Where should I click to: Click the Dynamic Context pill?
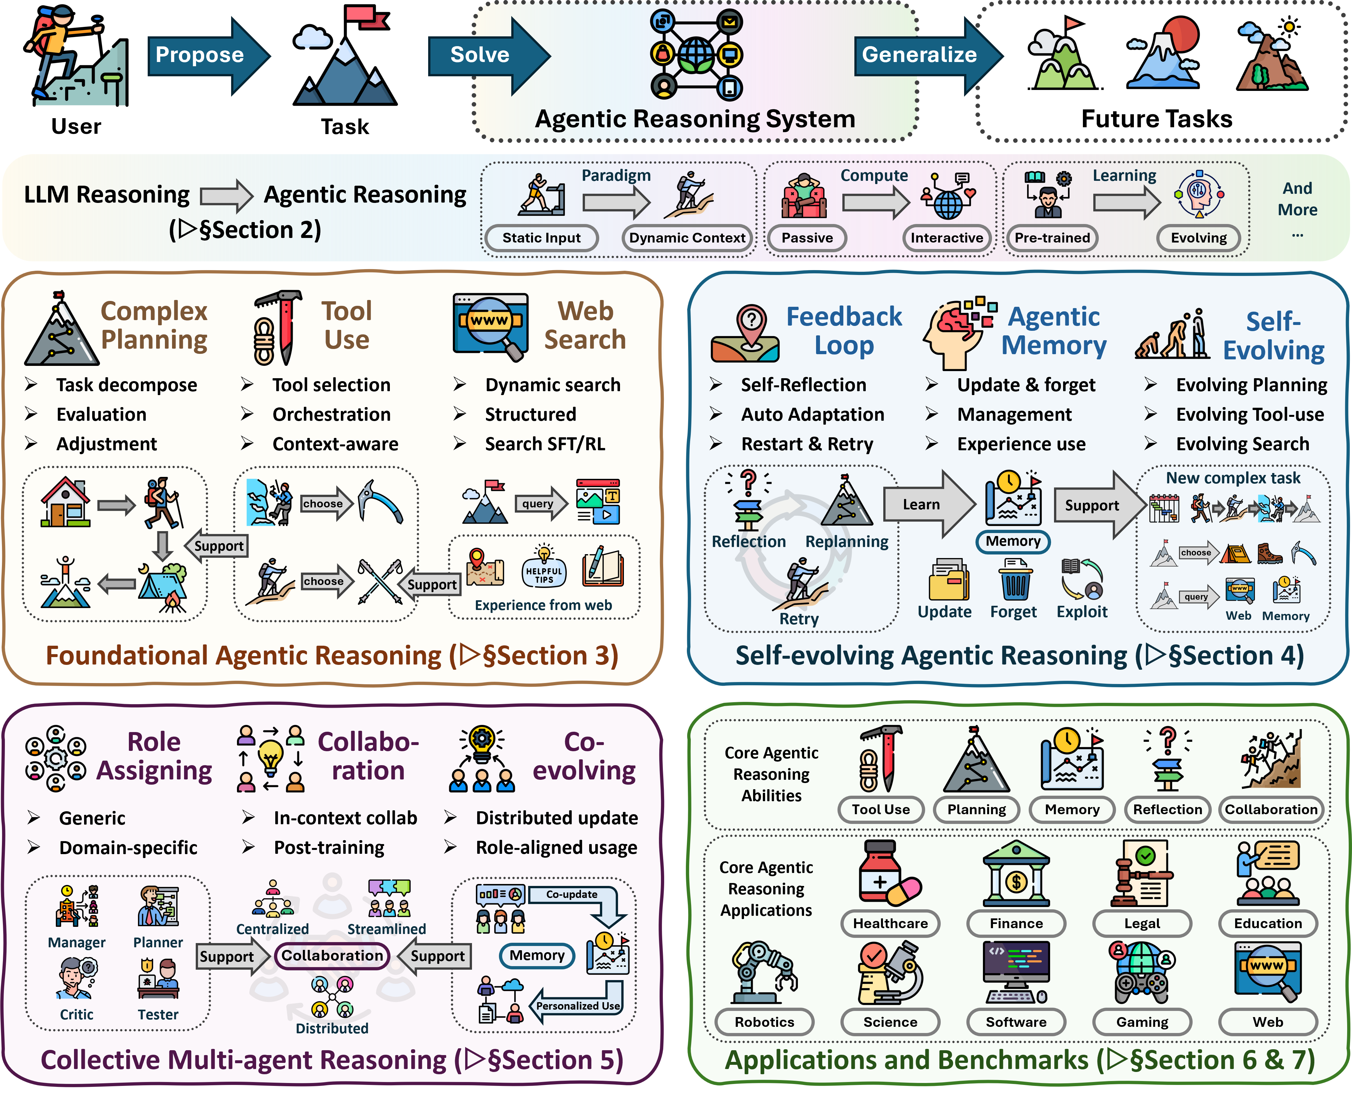[687, 238]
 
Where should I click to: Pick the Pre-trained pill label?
[1052, 238]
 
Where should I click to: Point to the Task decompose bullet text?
[126, 385]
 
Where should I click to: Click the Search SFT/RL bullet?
[545, 444]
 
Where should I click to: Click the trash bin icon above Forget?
[1015, 580]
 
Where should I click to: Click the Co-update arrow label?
[571, 894]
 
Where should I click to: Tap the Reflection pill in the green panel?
[1167, 809]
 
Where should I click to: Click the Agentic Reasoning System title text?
[695, 118]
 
